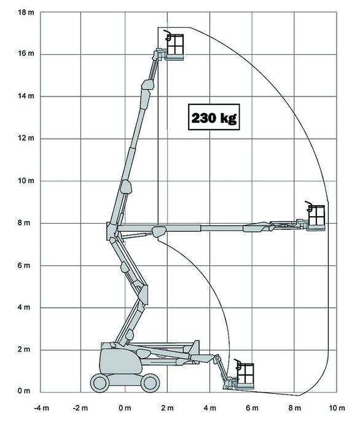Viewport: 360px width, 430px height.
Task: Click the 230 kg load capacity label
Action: [214, 117]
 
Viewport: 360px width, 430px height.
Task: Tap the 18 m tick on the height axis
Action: [26, 12]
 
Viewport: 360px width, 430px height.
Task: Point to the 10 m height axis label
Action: [26, 181]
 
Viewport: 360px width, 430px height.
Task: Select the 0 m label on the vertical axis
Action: [24, 391]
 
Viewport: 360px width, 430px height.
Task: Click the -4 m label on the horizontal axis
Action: [42, 408]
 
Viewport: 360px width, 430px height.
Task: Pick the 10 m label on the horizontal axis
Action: [337, 408]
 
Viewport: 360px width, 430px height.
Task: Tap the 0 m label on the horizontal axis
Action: [125, 408]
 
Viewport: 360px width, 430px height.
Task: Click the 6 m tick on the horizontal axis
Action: [252, 408]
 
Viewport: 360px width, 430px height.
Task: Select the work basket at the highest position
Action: [175, 47]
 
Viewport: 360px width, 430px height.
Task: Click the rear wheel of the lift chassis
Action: [100, 383]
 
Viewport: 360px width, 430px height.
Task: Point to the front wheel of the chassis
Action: [151, 383]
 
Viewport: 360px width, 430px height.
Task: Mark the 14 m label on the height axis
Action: [26, 96]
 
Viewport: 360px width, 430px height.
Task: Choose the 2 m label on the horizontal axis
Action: [167, 408]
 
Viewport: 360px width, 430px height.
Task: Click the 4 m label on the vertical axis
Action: [24, 307]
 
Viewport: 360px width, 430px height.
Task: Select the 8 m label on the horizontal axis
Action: [294, 408]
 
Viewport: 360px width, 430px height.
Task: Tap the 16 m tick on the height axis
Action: [26, 53]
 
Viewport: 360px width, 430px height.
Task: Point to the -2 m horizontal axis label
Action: [80, 408]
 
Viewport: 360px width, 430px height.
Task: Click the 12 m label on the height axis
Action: [26, 138]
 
